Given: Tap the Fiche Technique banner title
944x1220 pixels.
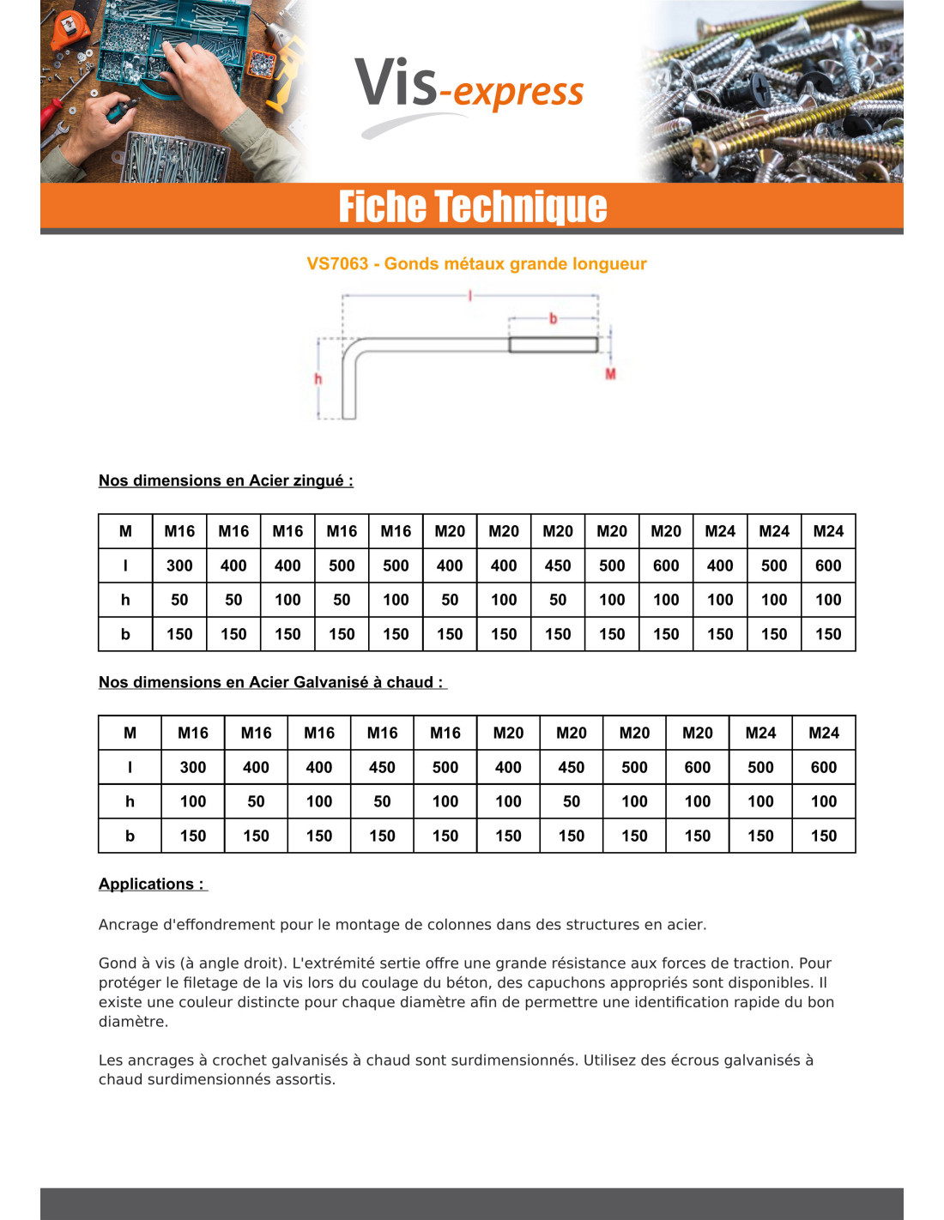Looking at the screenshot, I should click(x=472, y=207).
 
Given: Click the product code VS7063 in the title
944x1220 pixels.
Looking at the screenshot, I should click(x=337, y=264).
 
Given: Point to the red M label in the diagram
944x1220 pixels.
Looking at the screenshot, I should click(x=610, y=374).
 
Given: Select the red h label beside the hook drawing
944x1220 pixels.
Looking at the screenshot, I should click(x=318, y=378).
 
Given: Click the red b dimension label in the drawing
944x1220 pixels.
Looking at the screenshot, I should click(x=553, y=318).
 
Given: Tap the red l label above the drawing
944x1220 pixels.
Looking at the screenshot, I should click(x=469, y=295).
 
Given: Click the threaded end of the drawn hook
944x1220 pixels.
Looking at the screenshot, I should click(x=553, y=345).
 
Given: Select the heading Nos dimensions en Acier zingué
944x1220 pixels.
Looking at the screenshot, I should click(x=226, y=480).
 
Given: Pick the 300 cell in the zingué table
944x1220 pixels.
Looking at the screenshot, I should click(x=179, y=565).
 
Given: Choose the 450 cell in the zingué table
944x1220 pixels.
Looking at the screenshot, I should click(x=558, y=565).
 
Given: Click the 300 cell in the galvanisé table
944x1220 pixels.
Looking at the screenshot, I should click(x=193, y=767).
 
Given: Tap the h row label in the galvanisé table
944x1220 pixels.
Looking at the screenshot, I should click(x=130, y=801).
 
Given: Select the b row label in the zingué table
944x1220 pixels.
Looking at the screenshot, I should click(x=125, y=634).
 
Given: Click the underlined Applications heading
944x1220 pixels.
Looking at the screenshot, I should click(x=151, y=884).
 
